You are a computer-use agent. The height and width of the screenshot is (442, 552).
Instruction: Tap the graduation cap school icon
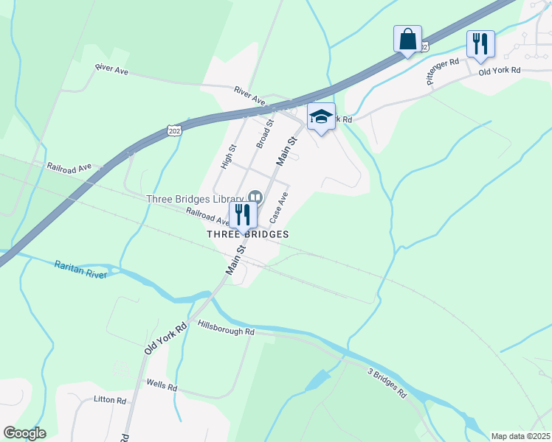click(x=321, y=117)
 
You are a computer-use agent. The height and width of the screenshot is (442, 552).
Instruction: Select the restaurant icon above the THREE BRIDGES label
click(x=242, y=215)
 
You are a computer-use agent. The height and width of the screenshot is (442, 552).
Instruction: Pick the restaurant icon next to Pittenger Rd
click(x=480, y=43)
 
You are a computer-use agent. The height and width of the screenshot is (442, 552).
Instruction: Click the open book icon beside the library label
click(x=255, y=197)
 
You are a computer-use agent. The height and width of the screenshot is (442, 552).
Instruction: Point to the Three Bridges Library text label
click(x=195, y=199)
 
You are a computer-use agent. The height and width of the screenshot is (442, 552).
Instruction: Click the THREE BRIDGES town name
click(x=247, y=234)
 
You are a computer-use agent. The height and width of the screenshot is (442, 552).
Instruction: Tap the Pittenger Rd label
click(x=443, y=71)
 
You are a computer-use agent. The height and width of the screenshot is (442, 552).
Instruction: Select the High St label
click(x=228, y=156)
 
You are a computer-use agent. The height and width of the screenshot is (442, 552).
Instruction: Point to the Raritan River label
click(x=81, y=269)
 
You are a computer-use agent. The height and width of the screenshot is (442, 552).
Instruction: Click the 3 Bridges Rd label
click(x=387, y=382)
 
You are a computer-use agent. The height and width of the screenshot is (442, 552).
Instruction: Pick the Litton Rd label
click(x=110, y=400)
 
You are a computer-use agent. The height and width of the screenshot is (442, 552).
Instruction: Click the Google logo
click(x=24, y=433)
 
